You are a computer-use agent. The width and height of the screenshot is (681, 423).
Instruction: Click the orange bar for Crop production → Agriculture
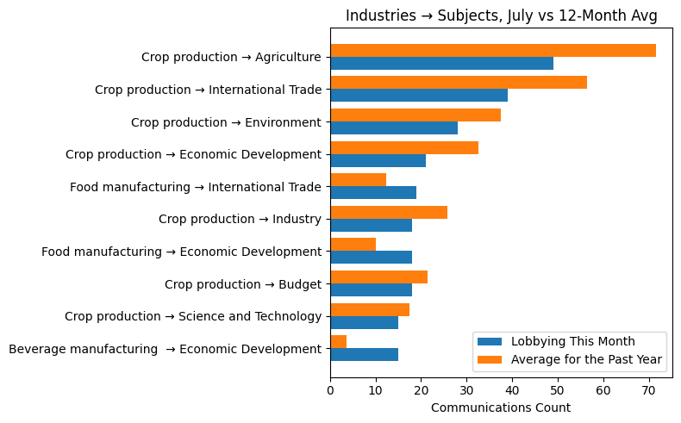[x=493, y=50]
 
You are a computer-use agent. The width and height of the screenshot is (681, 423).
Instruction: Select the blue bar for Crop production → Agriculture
[x=441, y=64]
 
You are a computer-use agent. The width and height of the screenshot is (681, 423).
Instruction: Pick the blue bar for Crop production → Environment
[x=394, y=128]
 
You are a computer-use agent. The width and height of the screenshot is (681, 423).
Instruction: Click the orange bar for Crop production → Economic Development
[x=404, y=147]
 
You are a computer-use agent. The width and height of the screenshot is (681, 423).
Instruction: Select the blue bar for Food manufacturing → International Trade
[x=373, y=193]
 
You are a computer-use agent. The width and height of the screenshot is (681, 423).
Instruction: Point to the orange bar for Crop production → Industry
[x=389, y=213]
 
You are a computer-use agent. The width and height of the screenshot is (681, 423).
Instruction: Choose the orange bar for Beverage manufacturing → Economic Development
[x=338, y=342]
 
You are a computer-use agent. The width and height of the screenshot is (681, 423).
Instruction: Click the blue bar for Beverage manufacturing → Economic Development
[x=364, y=355]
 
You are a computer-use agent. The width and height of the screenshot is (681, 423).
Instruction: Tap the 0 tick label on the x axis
[x=330, y=391]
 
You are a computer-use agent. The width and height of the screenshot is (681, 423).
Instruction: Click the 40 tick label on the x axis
[x=512, y=391]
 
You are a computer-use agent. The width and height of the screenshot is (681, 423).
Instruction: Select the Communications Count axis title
[x=500, y=407]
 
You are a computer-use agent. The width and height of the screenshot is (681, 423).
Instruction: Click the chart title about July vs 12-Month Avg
[x=501, y=16]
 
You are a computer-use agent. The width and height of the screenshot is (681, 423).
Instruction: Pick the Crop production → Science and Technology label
[x=193, y=316]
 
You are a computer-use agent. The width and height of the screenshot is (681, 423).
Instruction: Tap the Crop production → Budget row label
[x=242, y=284]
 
